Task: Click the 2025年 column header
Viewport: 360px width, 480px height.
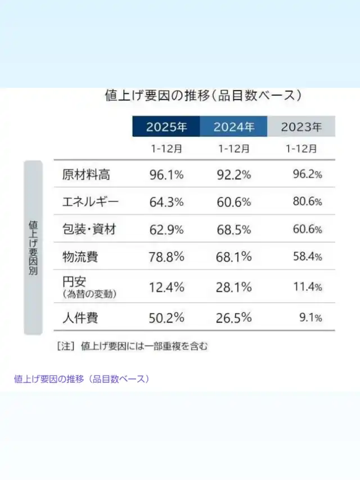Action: point(166,127)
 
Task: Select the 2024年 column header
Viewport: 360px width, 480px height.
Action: point(233,127)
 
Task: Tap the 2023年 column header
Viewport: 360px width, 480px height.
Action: point(301,127)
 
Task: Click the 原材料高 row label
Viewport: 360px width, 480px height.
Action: point(86,174)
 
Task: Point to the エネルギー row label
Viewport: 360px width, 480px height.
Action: point(91,202)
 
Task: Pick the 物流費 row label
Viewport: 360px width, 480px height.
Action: point(80,257)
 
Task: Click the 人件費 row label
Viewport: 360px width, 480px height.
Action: point(80,318)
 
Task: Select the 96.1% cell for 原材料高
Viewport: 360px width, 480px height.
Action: point(166,174)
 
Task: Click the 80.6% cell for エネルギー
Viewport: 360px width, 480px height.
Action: point(307,202)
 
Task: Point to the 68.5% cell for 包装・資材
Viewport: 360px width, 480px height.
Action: point(233,230)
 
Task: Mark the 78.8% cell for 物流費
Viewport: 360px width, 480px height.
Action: point(166,257)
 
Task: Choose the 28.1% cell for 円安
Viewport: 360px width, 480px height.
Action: point(233,287)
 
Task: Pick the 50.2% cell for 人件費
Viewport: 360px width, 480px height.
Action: point(166,318)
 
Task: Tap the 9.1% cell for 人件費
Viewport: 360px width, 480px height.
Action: point(310,318)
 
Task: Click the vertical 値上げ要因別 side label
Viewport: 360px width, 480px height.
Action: point(33,248)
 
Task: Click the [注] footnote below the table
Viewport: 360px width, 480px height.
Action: point(132,346)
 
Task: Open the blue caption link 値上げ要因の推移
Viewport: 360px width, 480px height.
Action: point(82,379)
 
